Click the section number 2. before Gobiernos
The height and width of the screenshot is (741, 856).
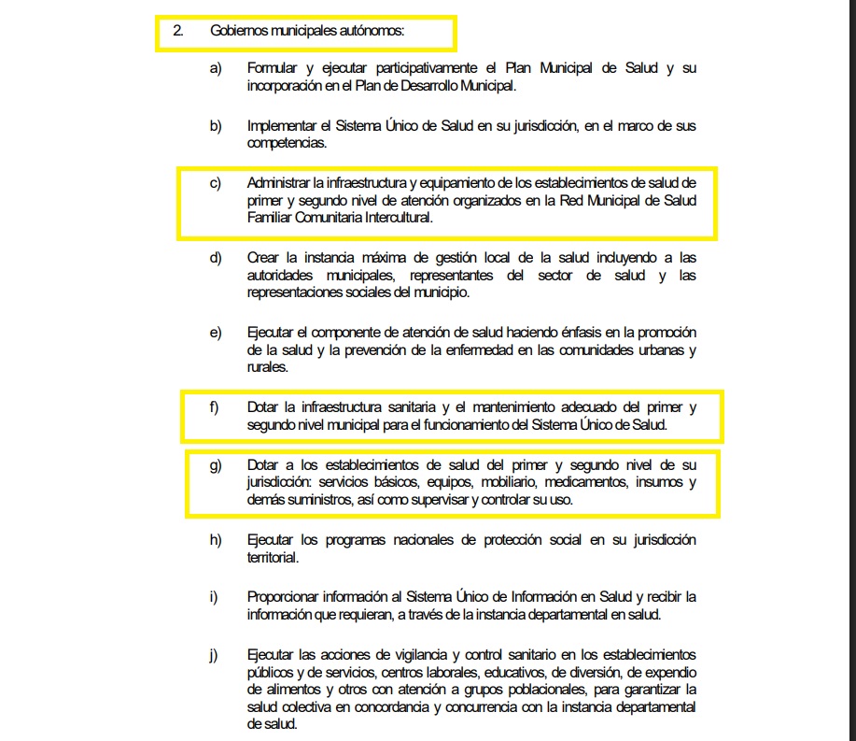[x=177, y=31]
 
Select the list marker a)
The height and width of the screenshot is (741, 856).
[x=216, y=68]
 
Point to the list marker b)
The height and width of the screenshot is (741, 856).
[x=216, y=125]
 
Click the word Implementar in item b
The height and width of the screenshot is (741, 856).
[x=283, y=125]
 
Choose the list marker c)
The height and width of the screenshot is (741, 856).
[x=216, y=181]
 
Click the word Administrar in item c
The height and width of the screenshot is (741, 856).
[x=280, y=181]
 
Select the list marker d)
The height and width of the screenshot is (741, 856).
[x=216, y=256]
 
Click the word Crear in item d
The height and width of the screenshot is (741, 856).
[x=264, y=256]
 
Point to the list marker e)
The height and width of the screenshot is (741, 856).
[x=216, y=332]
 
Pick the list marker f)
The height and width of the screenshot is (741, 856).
[x=215, y=407]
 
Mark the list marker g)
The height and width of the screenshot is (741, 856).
[x=216, y=463]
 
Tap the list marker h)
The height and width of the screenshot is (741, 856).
[x=216, y=539]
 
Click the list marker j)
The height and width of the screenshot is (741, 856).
[x=215, y=653]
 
